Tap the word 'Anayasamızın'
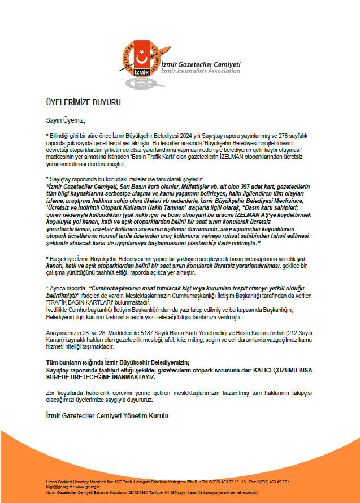point(64,334)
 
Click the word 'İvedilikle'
point(58,310)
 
